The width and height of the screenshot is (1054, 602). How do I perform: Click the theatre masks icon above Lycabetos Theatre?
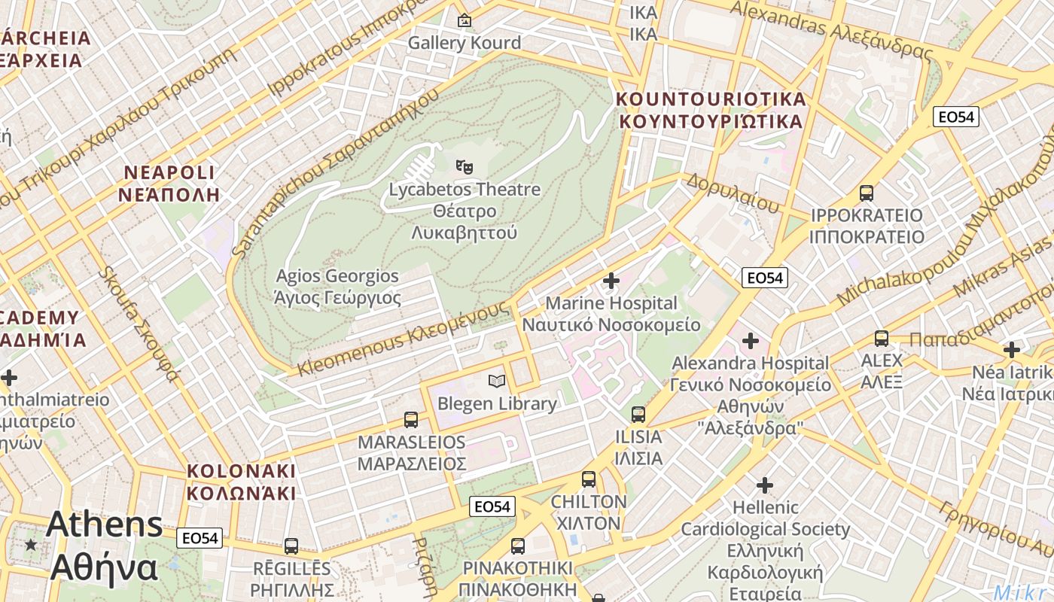pos(465,166)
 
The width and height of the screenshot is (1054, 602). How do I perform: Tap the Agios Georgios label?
pos(337,287)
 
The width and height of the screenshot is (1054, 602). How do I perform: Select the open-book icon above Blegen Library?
pos(496,382)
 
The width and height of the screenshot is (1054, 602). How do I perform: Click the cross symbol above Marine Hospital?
pos(611,281)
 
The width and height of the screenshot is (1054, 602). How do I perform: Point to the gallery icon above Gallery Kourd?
pos(465,20)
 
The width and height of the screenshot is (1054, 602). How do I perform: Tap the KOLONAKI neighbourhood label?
pos(241,482)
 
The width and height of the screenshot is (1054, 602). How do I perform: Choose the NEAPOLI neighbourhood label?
pos(169,183)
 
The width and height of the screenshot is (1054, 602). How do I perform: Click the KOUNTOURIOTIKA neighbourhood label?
pos(711,110)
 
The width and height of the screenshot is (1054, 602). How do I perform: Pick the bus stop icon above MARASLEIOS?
pos(411,420)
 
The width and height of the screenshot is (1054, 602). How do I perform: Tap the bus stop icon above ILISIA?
pos(638,414)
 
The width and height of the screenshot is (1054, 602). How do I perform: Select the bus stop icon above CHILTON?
pos(589,479)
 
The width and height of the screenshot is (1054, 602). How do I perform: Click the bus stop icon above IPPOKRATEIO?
pos(867,193)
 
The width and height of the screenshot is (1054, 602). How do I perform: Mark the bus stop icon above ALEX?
pos(882,339)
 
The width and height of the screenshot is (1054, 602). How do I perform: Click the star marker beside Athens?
pos(31,544)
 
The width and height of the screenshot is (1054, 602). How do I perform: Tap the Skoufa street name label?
pos(139,324)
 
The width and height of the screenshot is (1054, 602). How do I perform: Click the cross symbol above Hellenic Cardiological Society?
pos(765,485)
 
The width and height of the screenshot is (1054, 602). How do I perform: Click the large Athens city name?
pos(104,546)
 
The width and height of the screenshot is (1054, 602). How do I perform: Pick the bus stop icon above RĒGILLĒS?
pos(291,546)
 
